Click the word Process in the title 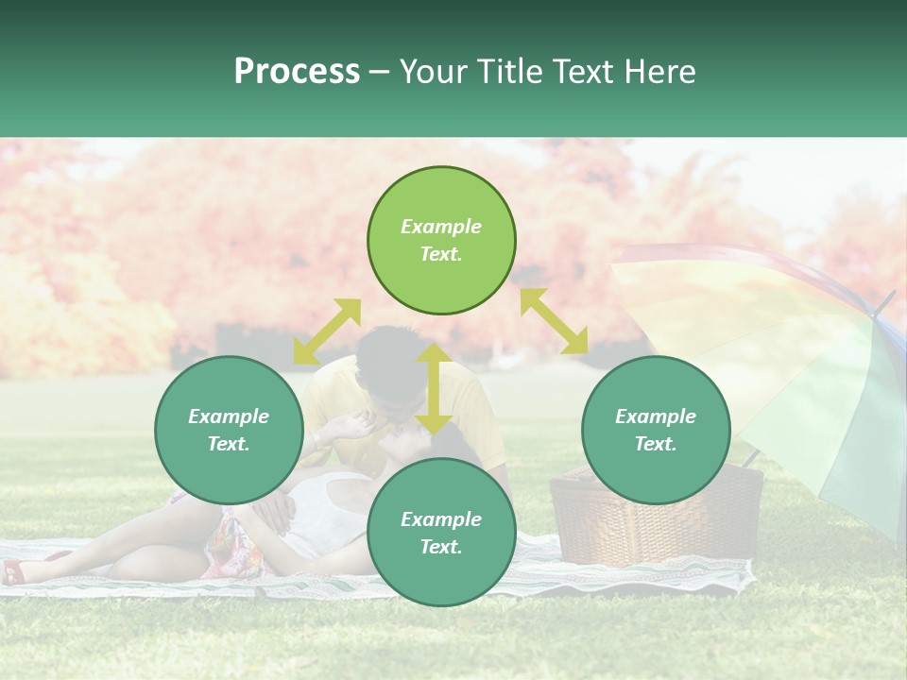coord(297,72)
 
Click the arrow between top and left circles coord(327,331)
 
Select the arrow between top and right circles coord(554,321)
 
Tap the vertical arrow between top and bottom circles coord(434,387)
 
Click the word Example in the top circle coord(441,227)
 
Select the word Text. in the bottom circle coord(441,547)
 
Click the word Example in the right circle coord(656,416)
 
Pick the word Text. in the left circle coord(229,444)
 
